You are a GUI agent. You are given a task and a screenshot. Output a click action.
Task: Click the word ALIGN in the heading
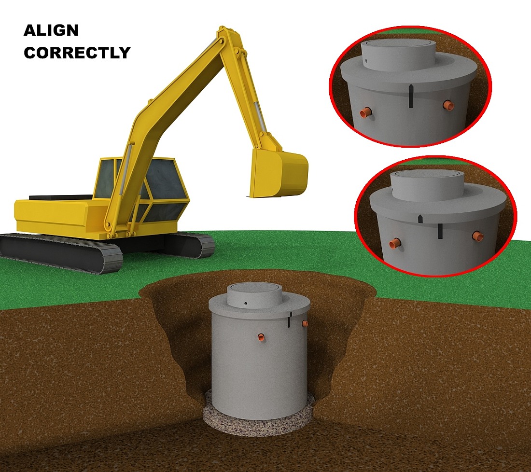51,30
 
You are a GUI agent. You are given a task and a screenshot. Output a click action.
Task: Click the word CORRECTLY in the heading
77,53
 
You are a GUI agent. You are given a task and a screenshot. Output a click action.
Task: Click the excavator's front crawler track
61,252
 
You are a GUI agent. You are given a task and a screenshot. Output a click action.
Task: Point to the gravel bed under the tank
259,410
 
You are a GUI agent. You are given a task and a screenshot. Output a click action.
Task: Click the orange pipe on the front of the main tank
261,337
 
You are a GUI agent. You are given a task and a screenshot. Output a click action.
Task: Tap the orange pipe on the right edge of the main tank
305,324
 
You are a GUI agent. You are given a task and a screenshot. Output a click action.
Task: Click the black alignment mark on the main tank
290,319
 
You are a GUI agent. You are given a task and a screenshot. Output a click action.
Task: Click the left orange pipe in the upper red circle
366,111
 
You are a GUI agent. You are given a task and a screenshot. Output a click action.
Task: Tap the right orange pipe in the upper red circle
448,105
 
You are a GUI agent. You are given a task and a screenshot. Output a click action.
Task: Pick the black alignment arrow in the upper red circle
411,97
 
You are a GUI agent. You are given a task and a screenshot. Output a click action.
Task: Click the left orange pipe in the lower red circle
395,243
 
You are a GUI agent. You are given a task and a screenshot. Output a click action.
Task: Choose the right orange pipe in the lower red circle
478,236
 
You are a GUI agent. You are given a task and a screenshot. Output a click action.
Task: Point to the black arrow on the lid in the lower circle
420,219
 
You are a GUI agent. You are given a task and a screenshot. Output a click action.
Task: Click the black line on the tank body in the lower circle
440,231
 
